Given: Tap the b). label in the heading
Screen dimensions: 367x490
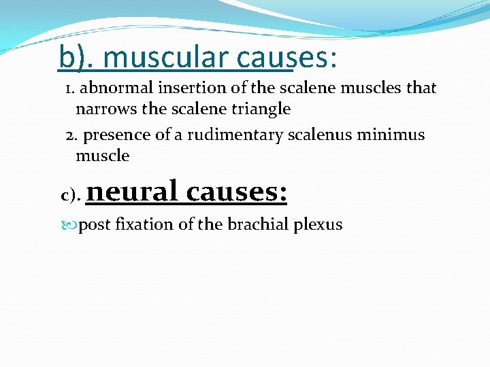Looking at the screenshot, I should pos(77,57).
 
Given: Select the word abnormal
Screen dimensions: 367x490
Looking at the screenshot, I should pos(114,88).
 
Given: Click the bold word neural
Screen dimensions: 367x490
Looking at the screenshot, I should pos(132,191).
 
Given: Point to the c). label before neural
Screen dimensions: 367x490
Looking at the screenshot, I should pos(71,196).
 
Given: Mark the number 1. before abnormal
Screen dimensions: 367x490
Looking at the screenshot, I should pos(70,88).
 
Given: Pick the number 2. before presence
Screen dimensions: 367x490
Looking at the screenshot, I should pos(71,135).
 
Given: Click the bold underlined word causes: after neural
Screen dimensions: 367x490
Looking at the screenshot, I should pos(236,191).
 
